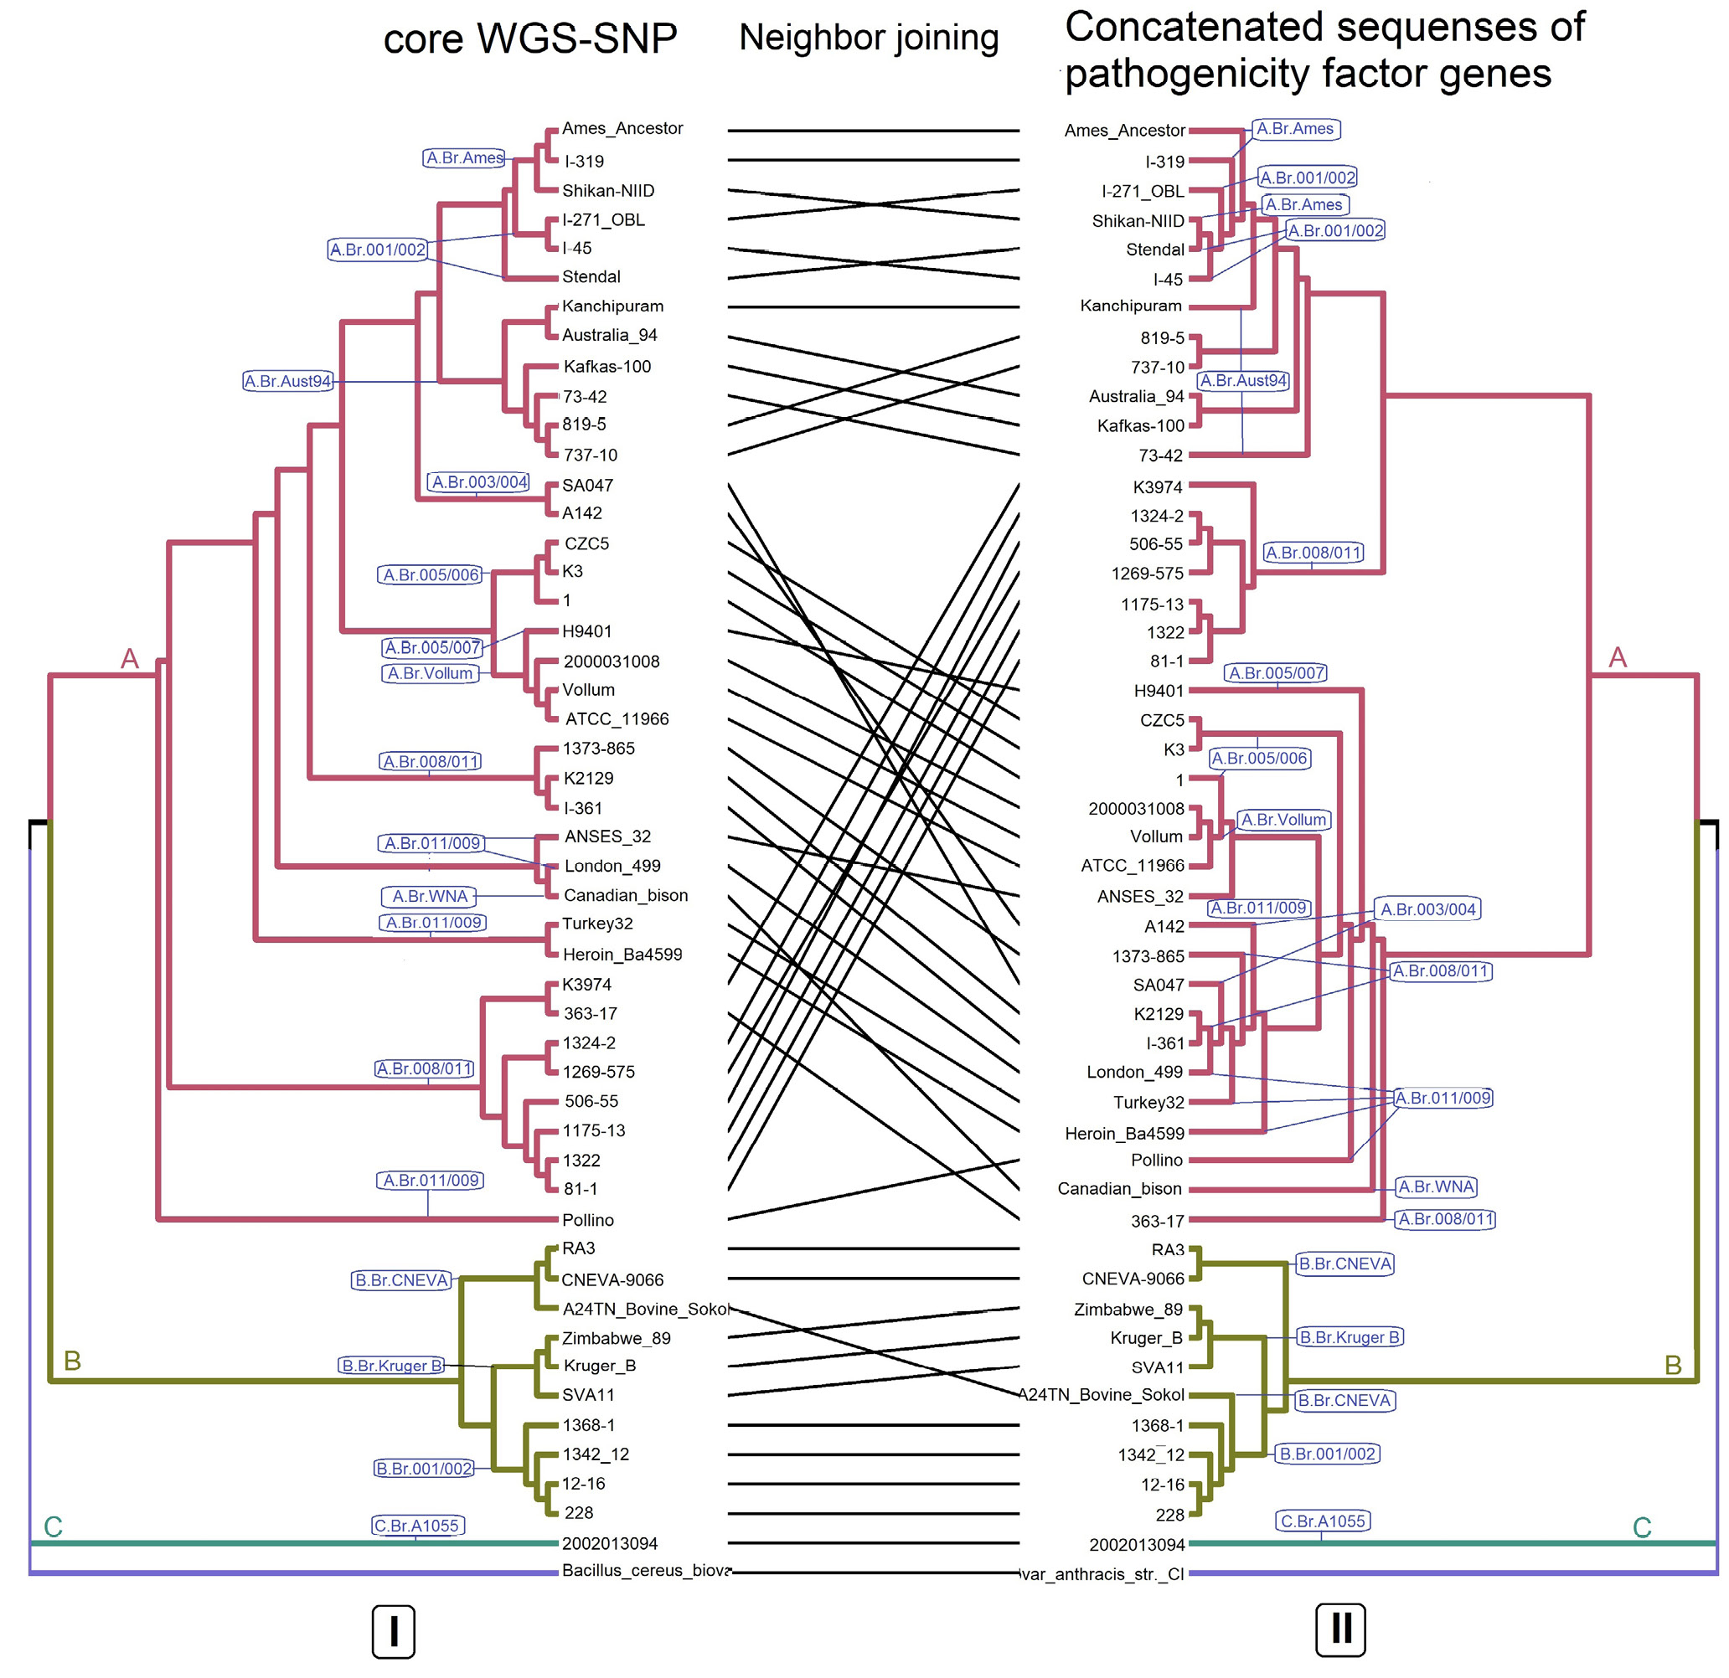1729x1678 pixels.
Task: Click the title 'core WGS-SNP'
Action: (x=530, y=39)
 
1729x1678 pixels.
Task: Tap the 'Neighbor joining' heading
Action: (x=868, y=37)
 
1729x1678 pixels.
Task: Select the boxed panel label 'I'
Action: (x=394, y=1631)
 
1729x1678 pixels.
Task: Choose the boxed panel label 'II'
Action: (x=1341, y=1629)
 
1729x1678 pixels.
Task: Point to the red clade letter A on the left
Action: (x=130, y=659)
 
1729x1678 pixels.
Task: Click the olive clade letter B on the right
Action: (x=1673, y=1365)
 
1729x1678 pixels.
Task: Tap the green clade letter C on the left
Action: (x=53, y=1526)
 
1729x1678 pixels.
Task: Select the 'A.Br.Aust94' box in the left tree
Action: (x=287, y=381)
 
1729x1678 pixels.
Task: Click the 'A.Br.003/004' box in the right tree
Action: (x=1427, y=909)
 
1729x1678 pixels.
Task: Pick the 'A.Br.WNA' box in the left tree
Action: (x=430, y=896)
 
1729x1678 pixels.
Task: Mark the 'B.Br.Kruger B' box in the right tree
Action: (x=1350, y=1336)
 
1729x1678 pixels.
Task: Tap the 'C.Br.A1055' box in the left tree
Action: (x=416, y=1526)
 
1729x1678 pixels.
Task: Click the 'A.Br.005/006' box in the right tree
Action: (x=1259, y=759)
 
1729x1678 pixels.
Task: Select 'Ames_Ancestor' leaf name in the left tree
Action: (x=622, y=129)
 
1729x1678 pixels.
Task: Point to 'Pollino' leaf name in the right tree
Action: (x=1157, y=1161)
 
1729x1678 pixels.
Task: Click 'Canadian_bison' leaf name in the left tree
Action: (x=626, y=895)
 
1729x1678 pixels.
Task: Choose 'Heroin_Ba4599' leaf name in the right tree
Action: (x=1124, y=1133)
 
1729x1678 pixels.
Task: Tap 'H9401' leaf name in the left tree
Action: (x=586, y=631)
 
